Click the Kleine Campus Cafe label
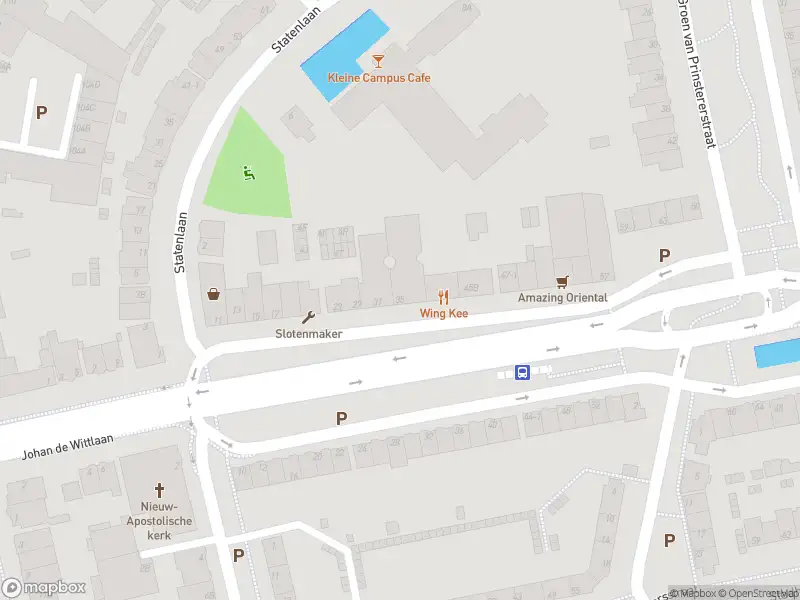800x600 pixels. (x=379, y=78)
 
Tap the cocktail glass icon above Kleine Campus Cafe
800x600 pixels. (x=378, y=62)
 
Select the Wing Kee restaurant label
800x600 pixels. (x=444, y=313)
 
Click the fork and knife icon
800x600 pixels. (x=444, y=297)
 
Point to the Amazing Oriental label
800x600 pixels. (x=562, y=298)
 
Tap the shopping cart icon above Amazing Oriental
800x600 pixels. (x=562, y=282)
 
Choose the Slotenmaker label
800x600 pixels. (x=309, y=333)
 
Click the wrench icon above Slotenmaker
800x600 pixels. (x=308, y=318)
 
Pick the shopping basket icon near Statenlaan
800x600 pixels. (x=213, y=294)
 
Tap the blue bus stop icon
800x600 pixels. (x=522, y=373)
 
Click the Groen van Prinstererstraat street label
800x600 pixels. (x=699, y=76)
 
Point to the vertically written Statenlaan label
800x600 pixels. (x=182, y=240)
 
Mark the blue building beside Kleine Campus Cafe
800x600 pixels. (x=343, y=54)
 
